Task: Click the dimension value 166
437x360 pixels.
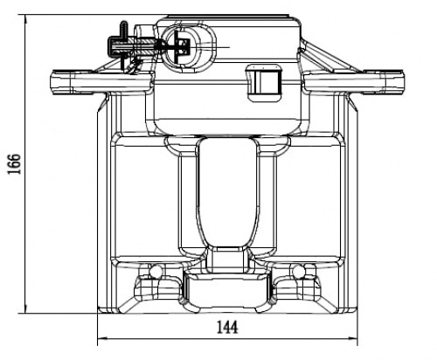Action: (14, 163)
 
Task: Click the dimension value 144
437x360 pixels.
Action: (227, 327)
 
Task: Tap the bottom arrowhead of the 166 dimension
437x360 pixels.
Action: (25, 308)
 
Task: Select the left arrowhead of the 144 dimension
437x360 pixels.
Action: (102, 338)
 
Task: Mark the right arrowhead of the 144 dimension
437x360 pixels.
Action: (352, 338)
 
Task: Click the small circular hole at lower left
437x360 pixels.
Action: (156, 271)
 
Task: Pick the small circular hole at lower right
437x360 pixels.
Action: (299, 271)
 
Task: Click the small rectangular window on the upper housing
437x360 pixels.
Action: (264, 83)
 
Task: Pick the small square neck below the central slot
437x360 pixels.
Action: (227, 260)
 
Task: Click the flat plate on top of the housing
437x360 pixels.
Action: (229, 17)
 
